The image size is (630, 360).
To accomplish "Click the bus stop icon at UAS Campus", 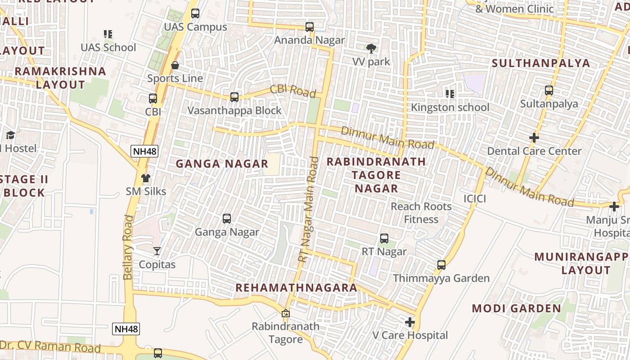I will pyautogui.click(x=195, y=13).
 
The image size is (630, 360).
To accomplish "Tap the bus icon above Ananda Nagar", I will pyautogui.click(x=310, y=27).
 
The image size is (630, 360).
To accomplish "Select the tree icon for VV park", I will pyautogui.click(x=371, y=48).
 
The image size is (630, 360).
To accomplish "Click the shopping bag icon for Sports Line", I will pyautogui.click(x=175, y=66).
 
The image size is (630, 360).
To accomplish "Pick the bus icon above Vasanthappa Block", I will pyautogui.click(x=234, y=97).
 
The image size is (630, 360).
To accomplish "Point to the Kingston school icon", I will pyautogui.click(x=450, y=94).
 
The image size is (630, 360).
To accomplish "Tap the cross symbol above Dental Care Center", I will pyautogui.click(x=534, y=137).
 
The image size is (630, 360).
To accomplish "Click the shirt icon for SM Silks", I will pyautogui.click(x=145, y=178).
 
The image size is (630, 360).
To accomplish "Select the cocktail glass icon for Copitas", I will pyautogui.click(x=157, y=251).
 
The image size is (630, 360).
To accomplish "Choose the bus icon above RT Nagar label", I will pyautogui.click(x=384, y=238).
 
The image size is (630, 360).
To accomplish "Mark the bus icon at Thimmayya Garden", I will pyautogui.click(x=441, y=265).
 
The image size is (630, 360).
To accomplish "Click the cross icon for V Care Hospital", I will pyautogui.click(x=409, y=322).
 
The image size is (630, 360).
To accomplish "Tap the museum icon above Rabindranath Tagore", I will pyautogui.click(x=285, y=313).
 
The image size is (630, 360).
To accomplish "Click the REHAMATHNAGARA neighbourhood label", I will pyautogui.click(x=296, y=288).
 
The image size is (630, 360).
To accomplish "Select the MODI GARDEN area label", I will pyautogui.click(x=516, y=309).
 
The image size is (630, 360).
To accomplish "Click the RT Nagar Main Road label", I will pyautogui.click(x=309, y=210).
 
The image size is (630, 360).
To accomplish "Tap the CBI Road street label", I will pyautogui.click(x=293, y=90).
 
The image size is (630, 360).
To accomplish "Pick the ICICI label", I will pyautogui.click(x=475, y=198).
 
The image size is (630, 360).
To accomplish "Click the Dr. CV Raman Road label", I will pyautogui.click(x=50, y=346).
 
